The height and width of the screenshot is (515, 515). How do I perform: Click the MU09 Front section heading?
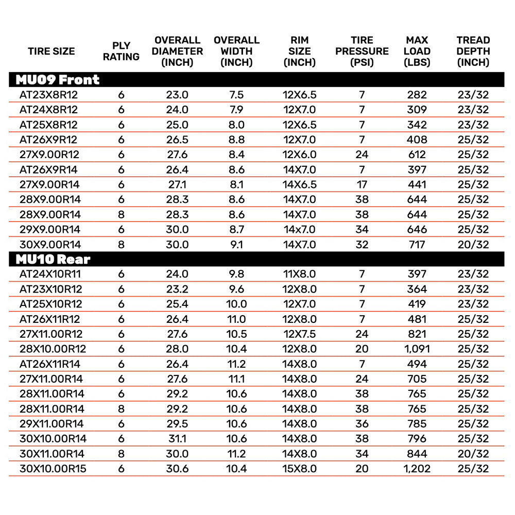57,80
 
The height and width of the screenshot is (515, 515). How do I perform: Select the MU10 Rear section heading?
53,260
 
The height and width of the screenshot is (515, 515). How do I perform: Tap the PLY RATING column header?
121,51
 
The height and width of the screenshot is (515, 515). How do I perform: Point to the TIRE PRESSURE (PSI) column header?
362,51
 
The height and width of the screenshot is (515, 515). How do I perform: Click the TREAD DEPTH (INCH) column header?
473,51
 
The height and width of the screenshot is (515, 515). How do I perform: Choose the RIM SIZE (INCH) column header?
300,51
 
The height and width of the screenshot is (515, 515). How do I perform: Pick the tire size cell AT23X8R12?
48,95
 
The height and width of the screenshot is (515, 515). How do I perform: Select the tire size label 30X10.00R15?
53,469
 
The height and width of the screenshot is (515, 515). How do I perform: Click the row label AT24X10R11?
50,274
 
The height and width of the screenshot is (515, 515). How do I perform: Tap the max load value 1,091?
417,349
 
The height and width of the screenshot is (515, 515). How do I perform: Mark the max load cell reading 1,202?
417,469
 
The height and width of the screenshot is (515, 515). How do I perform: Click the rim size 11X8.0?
300,274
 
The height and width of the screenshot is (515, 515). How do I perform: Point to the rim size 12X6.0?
300,154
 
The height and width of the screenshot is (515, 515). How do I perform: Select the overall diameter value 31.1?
177,439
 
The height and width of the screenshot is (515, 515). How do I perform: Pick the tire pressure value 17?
362,184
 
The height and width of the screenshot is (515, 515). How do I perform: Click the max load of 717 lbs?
417,245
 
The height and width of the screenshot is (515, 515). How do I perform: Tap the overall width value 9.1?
236,245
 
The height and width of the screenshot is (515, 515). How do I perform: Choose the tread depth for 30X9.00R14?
473,245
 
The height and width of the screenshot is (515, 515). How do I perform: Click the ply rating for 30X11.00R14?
121,454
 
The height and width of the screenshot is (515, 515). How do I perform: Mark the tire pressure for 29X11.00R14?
362,424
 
